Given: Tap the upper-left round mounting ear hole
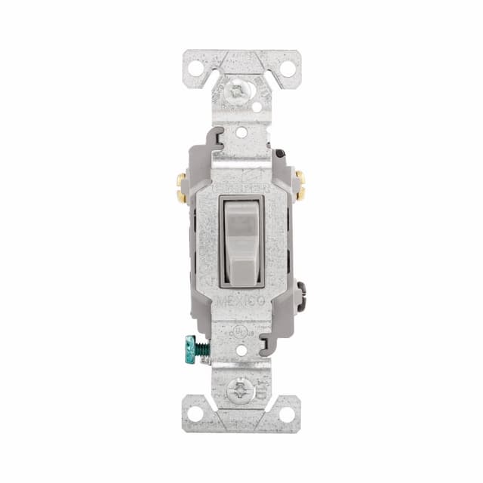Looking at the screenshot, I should (195, 68).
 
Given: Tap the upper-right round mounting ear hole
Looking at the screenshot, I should (288, 68).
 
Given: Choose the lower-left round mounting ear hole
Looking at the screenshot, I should (195, 414).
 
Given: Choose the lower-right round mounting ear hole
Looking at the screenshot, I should (288, 414).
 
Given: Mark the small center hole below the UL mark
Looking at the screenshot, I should (241, 351).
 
